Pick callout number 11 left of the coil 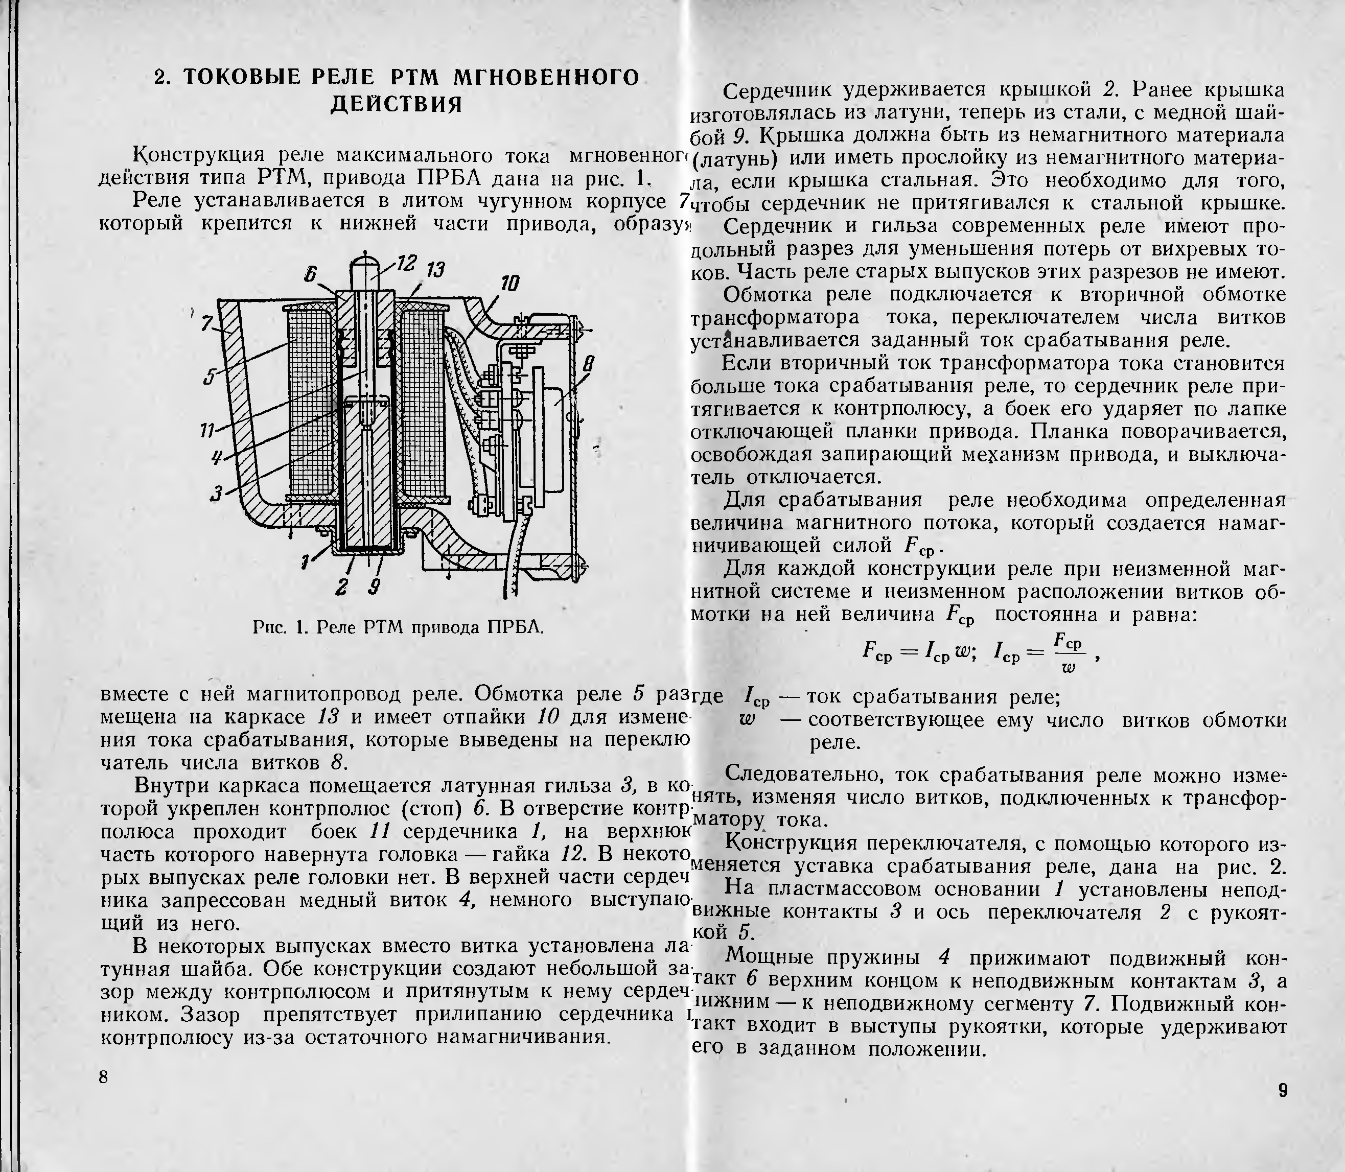click(207, 430)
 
